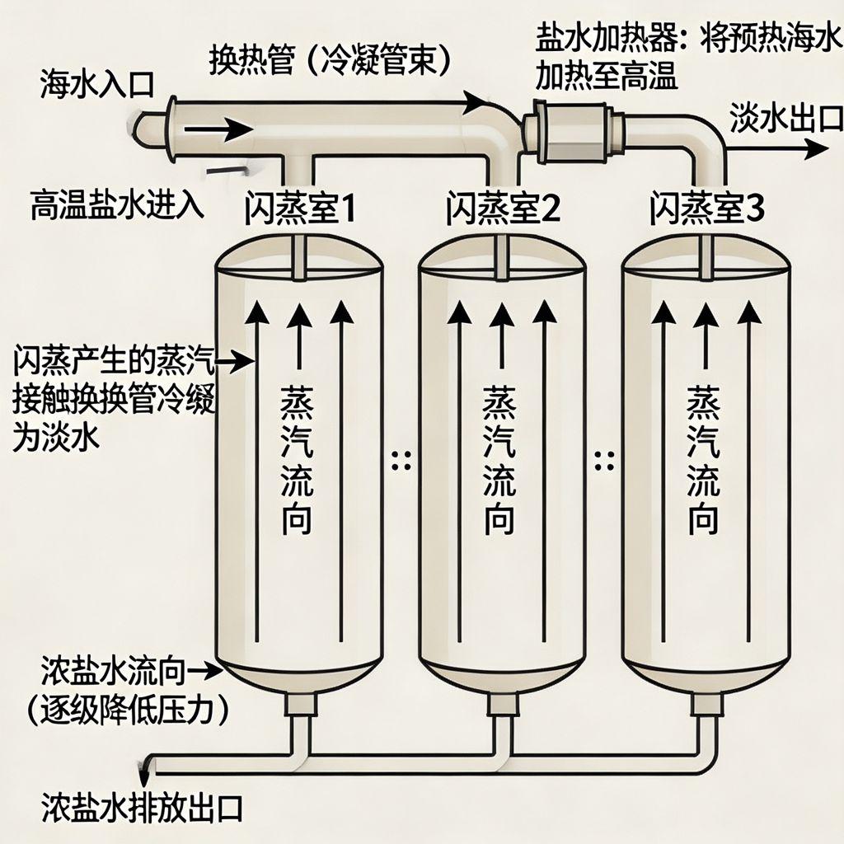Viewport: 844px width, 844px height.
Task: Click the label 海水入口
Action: coord(96,83)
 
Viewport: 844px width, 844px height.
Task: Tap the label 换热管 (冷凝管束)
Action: coord(329,59)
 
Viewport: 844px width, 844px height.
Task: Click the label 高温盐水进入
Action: coord(117,203)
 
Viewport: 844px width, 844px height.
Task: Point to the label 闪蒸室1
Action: coord(300,209)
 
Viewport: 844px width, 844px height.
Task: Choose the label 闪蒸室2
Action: coord(503,209)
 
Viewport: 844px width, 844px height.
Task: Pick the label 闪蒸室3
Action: coord(706,209)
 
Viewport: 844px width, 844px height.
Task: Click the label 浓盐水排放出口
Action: coord(142,808)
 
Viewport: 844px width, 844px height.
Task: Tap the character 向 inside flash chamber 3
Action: coord(703,518)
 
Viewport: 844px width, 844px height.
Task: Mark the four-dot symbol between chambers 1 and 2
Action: coord(401,461)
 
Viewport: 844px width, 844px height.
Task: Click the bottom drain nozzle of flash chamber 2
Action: coord(500,705)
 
